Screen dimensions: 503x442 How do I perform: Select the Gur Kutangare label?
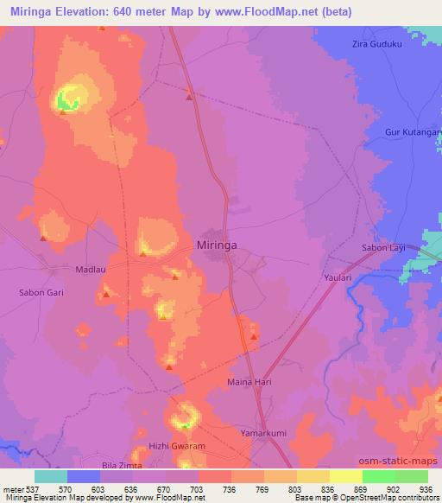pos(413,134)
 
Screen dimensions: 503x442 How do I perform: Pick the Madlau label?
pos(92,268)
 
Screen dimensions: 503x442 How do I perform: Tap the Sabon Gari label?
pos(41,293)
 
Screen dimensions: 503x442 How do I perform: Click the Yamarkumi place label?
pos(263,429)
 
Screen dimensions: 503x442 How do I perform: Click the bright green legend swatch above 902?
pos(379,476)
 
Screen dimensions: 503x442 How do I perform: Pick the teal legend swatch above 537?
pos(51,476)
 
